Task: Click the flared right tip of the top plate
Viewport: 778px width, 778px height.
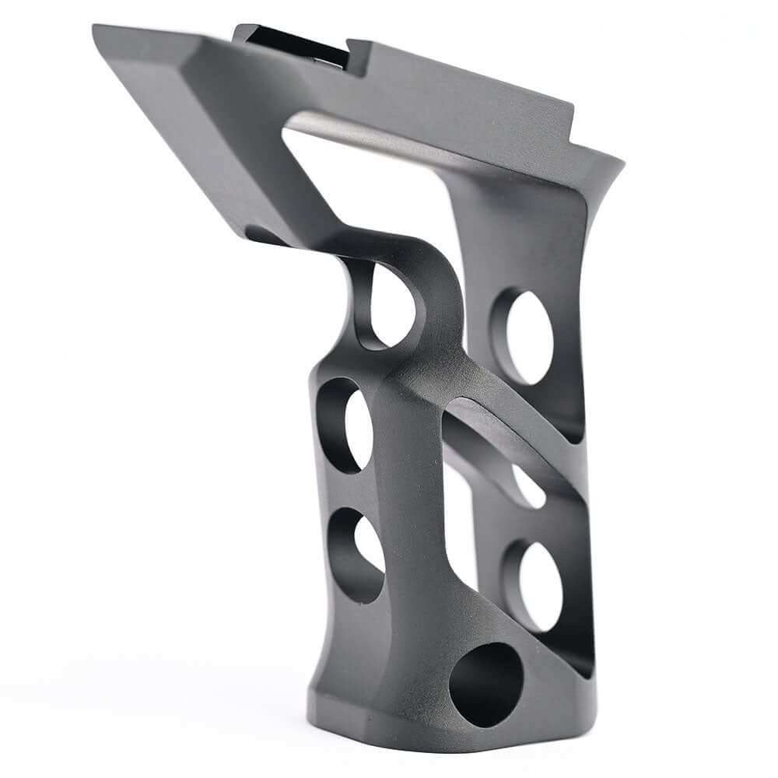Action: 615,163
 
